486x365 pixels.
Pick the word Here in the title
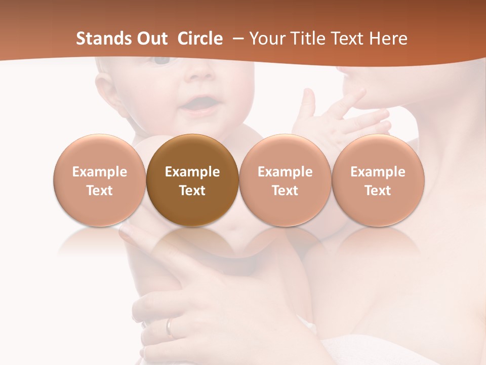point(388,39)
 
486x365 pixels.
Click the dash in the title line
point(239,39)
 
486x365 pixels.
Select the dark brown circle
point(192,180)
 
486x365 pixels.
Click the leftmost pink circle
point(99,180)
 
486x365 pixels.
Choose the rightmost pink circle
point(378,180)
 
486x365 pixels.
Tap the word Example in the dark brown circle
point(192,172)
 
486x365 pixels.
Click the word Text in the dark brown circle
point(192,191)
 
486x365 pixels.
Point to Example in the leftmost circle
point(99,172)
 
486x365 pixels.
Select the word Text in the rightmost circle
point(378,191)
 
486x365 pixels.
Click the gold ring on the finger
point(170,327)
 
